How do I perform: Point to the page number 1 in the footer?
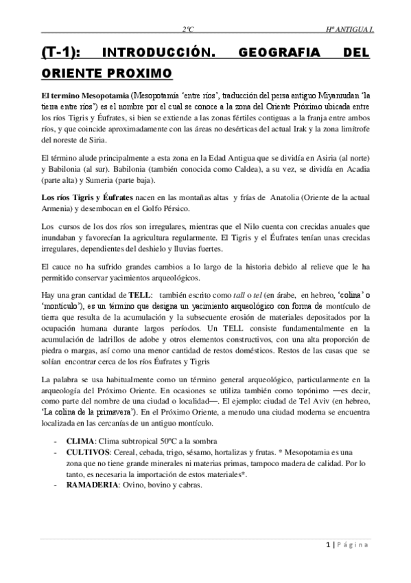tap(328, 545)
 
